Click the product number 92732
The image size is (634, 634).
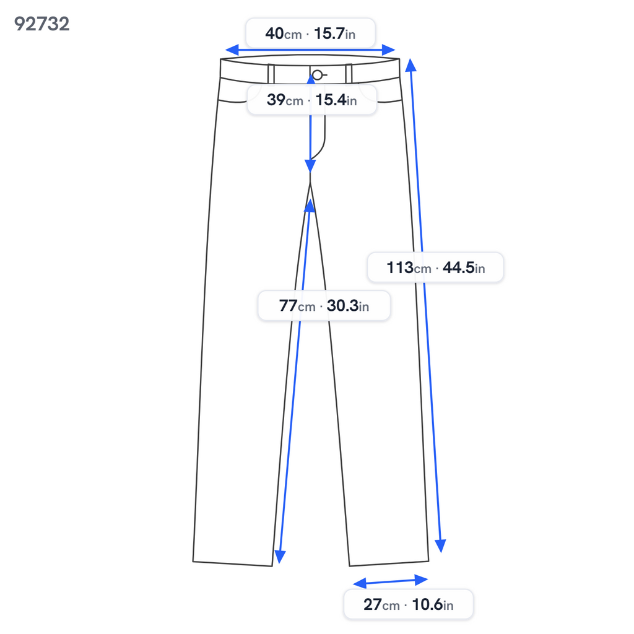(x=41, y=24)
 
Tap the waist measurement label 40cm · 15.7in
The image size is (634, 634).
(x=311, y=33)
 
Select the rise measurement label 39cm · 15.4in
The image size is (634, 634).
(x=312, y=100)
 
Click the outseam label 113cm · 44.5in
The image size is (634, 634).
(x=435, y=267)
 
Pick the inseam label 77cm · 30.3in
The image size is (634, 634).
(x=324, y=305)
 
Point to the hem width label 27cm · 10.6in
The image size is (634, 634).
(x=409, y=604)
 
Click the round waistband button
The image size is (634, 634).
(x=318, y=75)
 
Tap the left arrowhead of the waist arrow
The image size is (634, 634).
(x=232, y=50)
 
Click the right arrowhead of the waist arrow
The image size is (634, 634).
(x=389, y=50)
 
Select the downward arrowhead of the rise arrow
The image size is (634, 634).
(x=310, y=166)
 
